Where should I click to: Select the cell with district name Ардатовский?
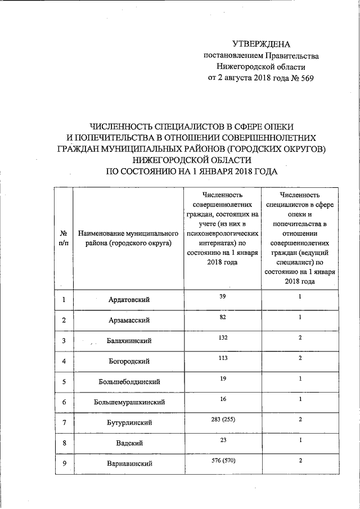(129, 300)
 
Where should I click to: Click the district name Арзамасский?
(129, 321)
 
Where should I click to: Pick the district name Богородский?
(129, 361)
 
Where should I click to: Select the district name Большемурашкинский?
(129, 403)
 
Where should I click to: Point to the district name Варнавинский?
(129, 465)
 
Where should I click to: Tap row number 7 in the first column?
(64, 423)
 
